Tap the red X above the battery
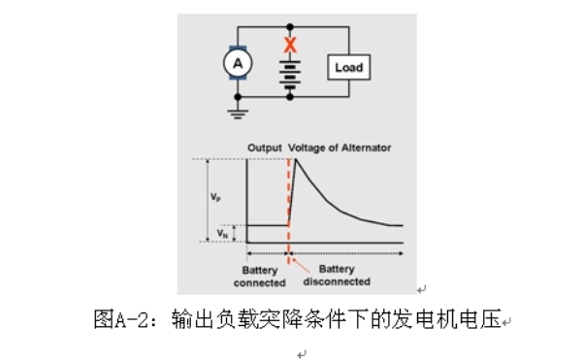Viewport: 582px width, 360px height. click(x=290, y=45)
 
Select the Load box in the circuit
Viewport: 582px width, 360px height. click(x=348, y=67)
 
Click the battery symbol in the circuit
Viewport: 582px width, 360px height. click(x=290, y=75)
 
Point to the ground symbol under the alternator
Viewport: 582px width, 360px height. click(x=238, y=114)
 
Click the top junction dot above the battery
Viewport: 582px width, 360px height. click(x=290, y=27)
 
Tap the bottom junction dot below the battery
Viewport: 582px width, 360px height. click(x=290, y=97)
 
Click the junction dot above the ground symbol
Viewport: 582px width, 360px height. click(x=238, y=97)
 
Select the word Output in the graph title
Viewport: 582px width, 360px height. click(x=265, y=147)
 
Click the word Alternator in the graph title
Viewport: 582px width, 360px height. click(x=366, y=147)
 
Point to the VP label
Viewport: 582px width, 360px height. click(x=215, y=196)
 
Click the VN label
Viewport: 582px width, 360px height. click(x=222, y=234)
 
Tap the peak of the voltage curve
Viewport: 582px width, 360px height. click(x=296, y=159)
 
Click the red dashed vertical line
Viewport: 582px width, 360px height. click(x=288, y=211)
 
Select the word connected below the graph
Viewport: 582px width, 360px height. click(x=259, y=282)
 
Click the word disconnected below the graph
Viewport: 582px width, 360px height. click(x=337, y=281)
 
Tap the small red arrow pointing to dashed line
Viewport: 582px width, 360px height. click(x=301, y=265)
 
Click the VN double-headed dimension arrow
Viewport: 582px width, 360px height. click(x=234, y=234)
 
